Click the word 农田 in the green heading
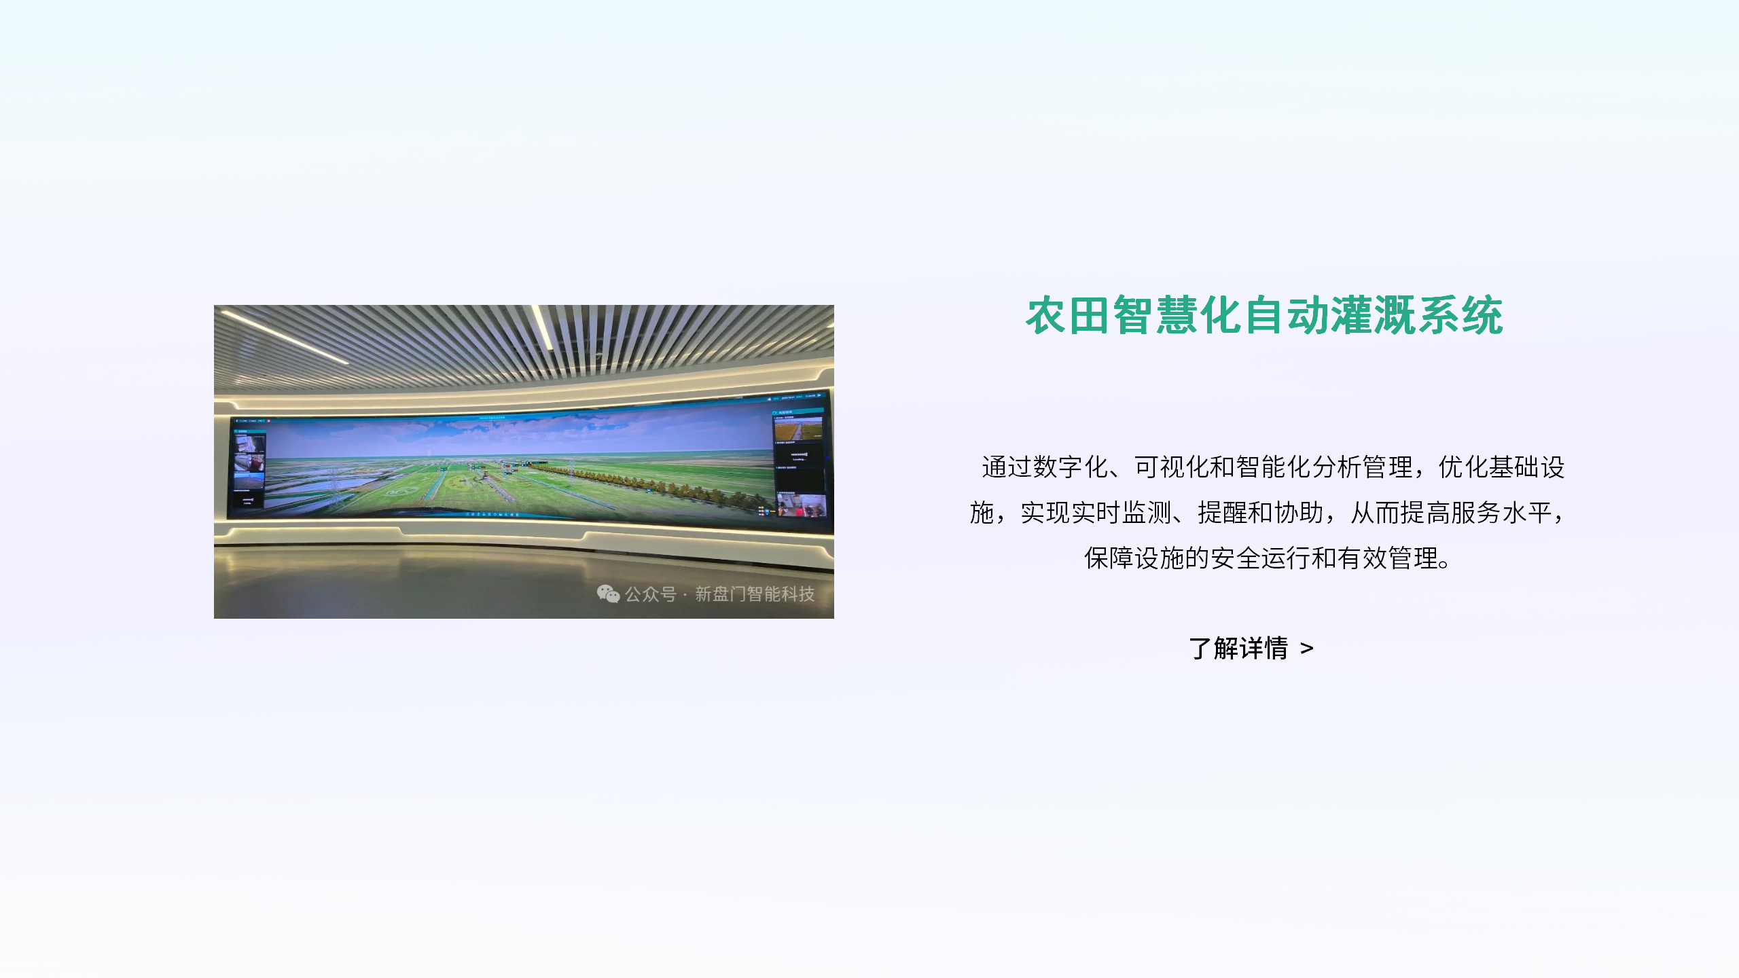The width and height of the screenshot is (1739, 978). (x=1069, y=316)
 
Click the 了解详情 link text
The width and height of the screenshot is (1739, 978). (x=1238, y=649)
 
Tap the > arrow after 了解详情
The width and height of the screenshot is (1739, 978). (x=1307, y=649)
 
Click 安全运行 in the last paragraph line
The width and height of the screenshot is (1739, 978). (x=1261, y=558)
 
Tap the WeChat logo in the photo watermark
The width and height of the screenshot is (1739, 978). (x=608, y=594)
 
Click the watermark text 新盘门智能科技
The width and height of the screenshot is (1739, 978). (x=755, y=594)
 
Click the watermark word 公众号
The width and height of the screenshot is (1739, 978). (x=650, y=594)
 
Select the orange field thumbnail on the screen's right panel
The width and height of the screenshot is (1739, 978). (x=798, y=429)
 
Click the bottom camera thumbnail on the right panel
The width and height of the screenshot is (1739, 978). (x=802, y=506)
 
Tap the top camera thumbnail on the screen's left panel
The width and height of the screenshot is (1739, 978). (x=249, y=444)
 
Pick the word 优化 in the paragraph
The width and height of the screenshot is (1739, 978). (x=1464, y=467)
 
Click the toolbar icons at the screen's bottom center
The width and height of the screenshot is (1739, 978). (x=492, y=514)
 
